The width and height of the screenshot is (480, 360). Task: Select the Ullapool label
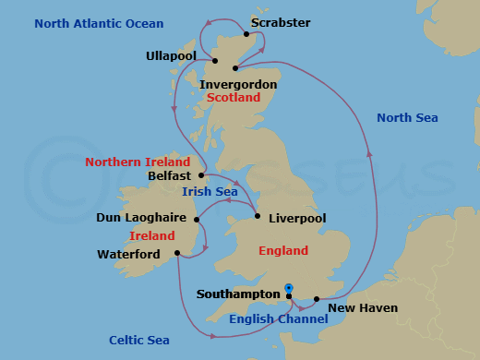tap(173, 56)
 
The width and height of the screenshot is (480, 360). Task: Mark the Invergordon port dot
tap(236, 67)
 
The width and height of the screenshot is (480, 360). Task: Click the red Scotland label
tap(234, 97)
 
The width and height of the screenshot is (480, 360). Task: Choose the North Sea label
tap(407, 117)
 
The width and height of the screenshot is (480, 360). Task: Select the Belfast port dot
tap(201, 174)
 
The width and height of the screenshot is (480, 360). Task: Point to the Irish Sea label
tap(211, 191)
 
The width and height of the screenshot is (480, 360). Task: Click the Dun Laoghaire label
tap(142, 219)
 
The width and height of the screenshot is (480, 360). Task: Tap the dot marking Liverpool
tap(258, 217)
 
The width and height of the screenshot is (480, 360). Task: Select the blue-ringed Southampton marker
tap(289, 289)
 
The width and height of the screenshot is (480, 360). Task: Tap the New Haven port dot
tap(317, 299)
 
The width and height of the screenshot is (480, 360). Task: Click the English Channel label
tap(278, 319)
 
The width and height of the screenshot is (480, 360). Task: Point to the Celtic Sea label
tap(138, 341)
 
